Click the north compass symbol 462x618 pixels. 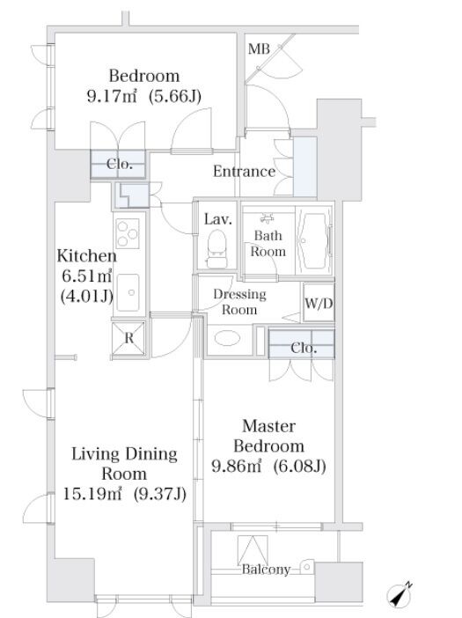click(400, 594)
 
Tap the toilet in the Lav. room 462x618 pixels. click(217, 249)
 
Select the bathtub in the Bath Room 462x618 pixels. click(314, 240)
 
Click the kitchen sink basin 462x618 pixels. click(128, 292)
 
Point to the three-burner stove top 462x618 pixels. click(128, 233)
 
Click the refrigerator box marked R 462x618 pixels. click(128, 339)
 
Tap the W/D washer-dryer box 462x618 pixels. click(319, 303)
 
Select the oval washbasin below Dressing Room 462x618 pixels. click(227, 338)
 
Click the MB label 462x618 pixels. click(259, 49)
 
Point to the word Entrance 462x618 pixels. click(244, 171)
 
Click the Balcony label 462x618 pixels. click(266, 569)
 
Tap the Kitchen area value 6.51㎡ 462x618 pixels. click(86, 276)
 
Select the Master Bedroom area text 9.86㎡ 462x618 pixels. click(237, 466)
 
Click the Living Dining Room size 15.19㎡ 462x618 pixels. click(92, 494)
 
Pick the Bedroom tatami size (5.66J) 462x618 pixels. click(175, 96)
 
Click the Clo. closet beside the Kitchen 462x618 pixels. click(118, 164)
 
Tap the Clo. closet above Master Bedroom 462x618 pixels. click(302, 343)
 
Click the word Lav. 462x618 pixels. click(218, 219)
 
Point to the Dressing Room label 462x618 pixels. click(239, 302)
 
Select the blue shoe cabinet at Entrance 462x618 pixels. click(304, 166)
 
